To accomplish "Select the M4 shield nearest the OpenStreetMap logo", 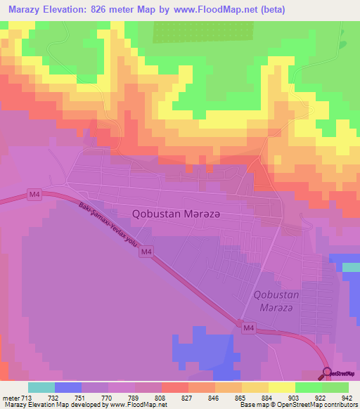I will coord(247,327).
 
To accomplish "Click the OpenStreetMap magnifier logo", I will coord(328,372).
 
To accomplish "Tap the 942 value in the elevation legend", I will coord(347,397).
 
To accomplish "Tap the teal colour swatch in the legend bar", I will coord(41,387).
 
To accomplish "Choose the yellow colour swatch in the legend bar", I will coord(282,387).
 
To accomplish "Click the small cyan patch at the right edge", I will coord(351,267).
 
